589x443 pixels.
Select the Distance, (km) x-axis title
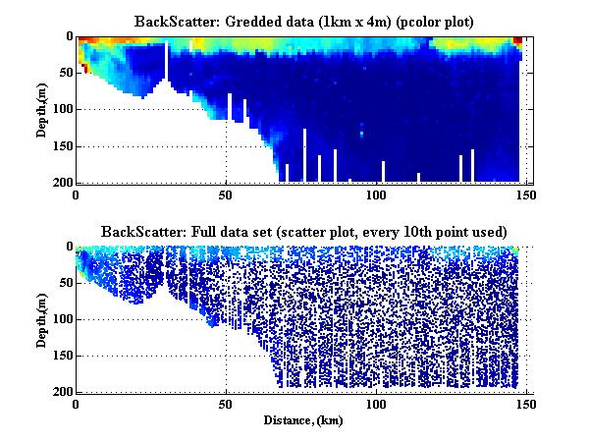[301, 419]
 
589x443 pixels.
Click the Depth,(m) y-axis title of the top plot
[44, 110]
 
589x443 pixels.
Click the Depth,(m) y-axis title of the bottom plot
[44, 320]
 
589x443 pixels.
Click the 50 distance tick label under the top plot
[226, 194]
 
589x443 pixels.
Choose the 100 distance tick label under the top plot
[376, 194]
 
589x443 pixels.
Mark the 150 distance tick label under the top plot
[526, 194]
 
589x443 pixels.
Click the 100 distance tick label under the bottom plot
[376, 404]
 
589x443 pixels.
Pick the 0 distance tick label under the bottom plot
[77, 404]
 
